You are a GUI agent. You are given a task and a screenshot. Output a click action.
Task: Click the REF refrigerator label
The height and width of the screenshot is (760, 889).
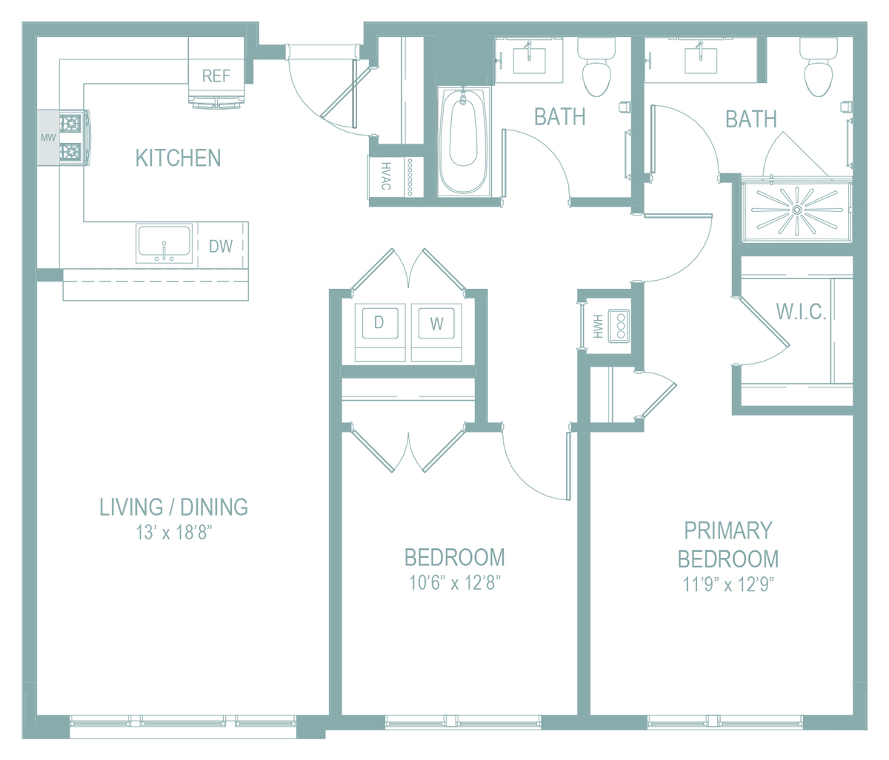216,76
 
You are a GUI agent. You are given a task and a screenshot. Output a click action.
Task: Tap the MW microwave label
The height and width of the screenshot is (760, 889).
48,138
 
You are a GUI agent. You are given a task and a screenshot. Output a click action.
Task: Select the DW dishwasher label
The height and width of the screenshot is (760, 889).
220,246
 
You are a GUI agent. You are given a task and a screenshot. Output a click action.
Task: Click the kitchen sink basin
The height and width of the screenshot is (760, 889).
164,241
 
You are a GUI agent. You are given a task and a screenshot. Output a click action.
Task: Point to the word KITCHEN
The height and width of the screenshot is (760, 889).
178,158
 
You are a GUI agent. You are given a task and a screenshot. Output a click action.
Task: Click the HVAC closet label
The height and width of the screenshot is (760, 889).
386,176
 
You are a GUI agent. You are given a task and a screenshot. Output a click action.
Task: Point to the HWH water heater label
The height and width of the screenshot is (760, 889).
598,326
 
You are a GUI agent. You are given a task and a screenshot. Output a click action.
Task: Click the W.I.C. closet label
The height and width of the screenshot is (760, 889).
801,311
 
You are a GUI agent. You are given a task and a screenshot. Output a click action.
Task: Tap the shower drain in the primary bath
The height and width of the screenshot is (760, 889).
796,210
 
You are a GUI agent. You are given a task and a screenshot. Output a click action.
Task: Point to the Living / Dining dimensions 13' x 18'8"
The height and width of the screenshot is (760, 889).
174,533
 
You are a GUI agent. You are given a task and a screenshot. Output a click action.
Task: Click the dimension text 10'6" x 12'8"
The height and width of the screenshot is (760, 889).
455,583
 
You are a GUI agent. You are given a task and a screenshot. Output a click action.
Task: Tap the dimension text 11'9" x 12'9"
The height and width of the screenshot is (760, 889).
728,584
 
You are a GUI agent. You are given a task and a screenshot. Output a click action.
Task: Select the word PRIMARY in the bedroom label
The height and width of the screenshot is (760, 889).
728,530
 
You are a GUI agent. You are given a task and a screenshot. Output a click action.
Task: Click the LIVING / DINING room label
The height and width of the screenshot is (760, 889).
174,507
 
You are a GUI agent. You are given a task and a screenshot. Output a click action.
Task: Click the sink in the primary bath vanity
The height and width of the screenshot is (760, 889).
701,60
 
